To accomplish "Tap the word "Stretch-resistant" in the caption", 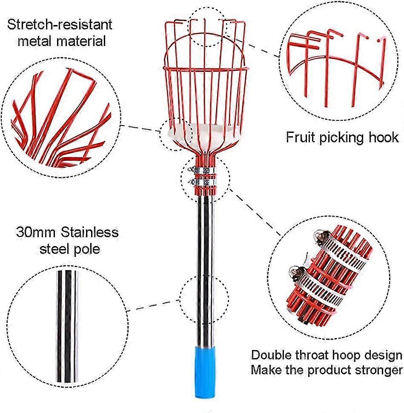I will click(60, 24).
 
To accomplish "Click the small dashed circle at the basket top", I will click(207, 26).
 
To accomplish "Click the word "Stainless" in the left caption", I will click(89, 232).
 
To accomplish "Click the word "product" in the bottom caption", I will click(326, 370).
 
